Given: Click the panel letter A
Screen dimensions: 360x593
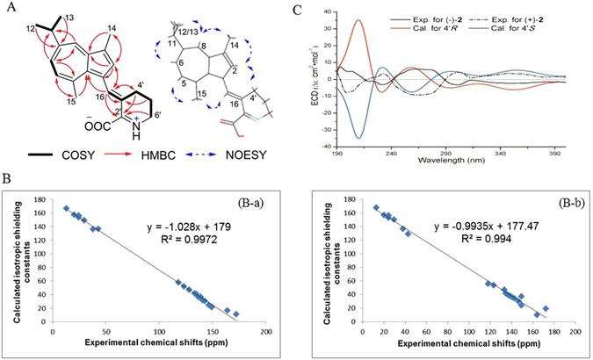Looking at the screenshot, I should click(x=8, y=9).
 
